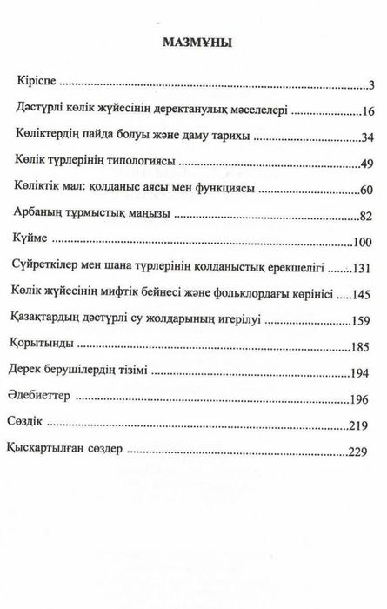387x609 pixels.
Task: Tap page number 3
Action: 370,85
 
